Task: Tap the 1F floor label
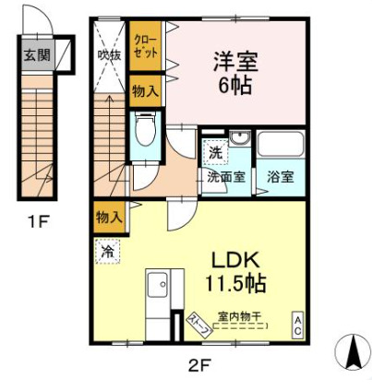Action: pos(37,222)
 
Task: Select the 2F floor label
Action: pos(199,365)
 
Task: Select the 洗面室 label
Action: pos(225,176)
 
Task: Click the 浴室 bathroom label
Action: pos(281,176)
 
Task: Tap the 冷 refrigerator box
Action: pos(108,251)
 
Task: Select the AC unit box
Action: pos(298,324)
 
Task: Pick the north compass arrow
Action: pos(353,354)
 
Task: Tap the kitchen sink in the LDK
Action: pos(157,286)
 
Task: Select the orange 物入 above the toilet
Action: pos(144,91)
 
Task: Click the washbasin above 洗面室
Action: pos(239,141)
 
